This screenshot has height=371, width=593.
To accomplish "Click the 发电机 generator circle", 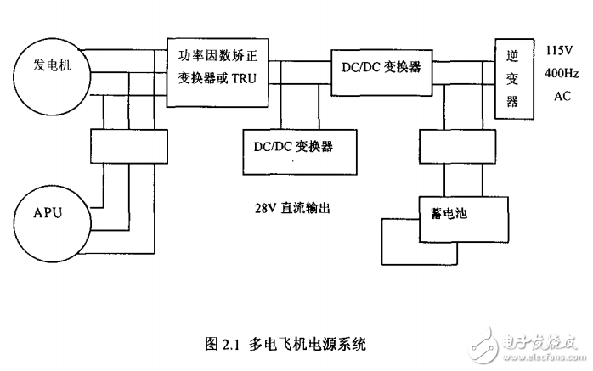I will (53, 68).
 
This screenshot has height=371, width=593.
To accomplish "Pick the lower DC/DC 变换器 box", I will (292, 147).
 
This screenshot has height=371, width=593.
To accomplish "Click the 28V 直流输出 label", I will (291, 206).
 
